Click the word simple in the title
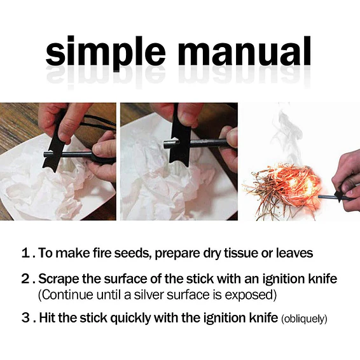coord(105,53)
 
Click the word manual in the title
coord(244,51)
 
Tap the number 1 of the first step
coord(25,253)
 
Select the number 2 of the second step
coord(25,279)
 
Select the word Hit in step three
coord(47,318)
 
